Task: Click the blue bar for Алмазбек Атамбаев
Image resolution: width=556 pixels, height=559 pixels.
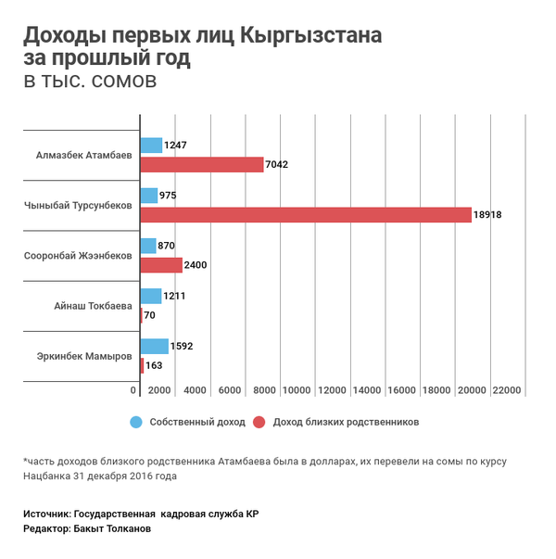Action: point(151,145)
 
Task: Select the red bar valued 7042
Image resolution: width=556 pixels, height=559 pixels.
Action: point(202,165)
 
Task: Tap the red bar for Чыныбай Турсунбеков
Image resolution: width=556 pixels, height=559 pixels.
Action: point(306,215)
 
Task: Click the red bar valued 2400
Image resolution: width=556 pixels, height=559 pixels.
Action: point(161,265)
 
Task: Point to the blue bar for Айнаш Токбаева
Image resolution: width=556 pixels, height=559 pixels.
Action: point(151,296)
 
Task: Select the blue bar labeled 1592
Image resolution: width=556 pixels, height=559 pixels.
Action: point(154,346)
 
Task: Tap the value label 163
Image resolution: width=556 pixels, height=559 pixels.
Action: point(154,366)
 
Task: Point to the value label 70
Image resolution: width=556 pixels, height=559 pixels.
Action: point(149,315)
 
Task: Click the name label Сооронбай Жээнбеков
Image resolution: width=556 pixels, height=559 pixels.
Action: point(77,254)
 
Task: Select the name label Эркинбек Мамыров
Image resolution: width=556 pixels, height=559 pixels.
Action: point(84,355)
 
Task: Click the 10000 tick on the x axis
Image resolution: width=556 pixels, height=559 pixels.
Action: point(297,389)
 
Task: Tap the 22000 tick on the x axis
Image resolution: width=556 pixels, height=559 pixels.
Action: point(507,389)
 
